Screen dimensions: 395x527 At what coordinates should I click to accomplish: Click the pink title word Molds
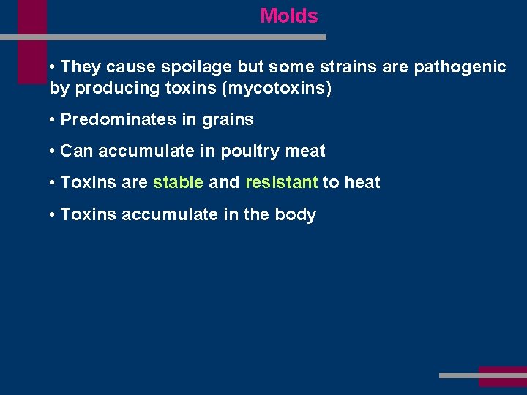coord(289,16)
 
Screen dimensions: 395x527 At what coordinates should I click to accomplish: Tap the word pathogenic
coord(460,67)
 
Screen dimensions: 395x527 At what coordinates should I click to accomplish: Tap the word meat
coord(306,151)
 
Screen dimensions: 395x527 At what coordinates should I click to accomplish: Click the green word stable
coord(178,183)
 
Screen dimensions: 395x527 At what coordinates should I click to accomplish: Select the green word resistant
coord(281,183)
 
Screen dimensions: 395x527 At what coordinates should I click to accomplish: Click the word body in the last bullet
coord(297,215)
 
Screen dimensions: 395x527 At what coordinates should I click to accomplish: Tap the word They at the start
coord(81,67)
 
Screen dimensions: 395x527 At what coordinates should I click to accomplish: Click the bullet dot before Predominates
coord(53,120)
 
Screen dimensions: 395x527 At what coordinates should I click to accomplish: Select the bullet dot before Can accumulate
coord(53,151)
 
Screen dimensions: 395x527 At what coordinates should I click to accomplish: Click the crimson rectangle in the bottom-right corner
coord(502,376)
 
